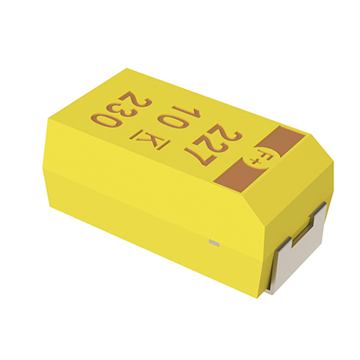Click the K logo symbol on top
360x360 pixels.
[150, 140]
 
